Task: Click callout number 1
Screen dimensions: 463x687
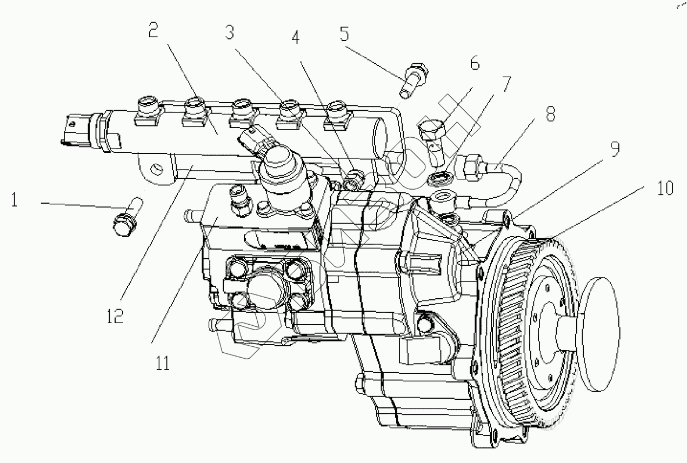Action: point(14,201)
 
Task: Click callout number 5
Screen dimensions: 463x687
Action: point(344,34)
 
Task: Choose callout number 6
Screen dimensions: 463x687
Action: point(474,64)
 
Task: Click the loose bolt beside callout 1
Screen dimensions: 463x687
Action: point(127,218)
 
